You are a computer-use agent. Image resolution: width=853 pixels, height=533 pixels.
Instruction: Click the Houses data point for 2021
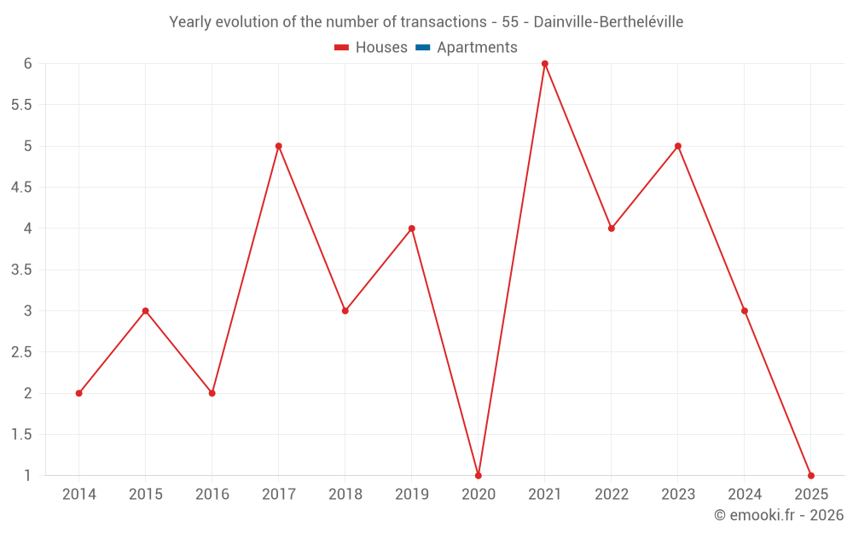544,63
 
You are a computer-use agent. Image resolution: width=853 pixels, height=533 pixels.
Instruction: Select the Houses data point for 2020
478,475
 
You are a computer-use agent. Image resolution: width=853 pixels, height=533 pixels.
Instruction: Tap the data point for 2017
278,146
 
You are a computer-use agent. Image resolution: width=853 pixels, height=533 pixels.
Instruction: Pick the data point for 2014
78,393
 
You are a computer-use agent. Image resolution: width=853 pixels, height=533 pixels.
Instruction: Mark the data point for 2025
810,475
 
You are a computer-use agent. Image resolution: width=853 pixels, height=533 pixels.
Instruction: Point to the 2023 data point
677,146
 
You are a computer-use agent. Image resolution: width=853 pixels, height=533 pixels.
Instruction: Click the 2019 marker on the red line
411,229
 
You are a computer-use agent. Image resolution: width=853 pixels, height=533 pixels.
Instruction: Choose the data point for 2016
212,393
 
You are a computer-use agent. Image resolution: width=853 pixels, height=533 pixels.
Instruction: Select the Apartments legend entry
477,48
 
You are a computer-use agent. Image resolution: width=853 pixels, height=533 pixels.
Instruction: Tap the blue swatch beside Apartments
422,48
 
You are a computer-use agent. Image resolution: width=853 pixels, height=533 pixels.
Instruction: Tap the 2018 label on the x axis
345,495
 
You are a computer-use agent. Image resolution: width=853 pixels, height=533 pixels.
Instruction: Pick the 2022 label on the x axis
611,495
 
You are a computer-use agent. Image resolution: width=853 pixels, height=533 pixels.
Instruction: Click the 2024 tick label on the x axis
744,495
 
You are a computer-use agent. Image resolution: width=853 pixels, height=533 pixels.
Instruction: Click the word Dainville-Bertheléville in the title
608,22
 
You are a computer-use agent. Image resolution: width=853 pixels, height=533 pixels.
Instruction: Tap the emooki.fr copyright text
778,515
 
